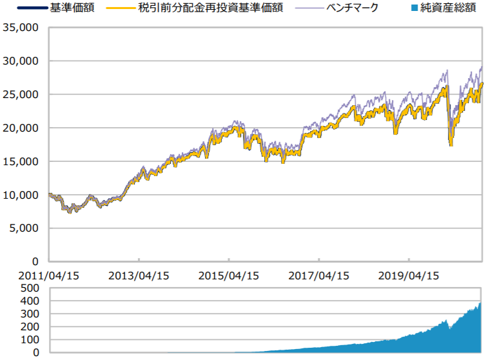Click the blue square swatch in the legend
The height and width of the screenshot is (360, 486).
413,9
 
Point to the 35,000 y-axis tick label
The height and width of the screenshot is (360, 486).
21,28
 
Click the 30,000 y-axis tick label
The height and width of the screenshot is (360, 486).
21,61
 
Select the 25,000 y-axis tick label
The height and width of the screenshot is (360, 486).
21,95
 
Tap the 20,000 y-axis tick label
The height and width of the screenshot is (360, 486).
21,128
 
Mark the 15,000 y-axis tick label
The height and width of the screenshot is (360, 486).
21,161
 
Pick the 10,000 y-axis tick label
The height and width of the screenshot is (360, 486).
21,195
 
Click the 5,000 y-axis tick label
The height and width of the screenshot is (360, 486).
24,228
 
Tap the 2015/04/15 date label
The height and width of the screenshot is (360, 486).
228,275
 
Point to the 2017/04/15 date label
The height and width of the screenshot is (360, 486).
318,275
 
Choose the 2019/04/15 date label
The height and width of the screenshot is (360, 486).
409,275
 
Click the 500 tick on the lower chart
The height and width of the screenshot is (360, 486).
30,288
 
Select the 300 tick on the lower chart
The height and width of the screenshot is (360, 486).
30,314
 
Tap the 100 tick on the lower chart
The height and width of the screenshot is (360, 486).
30,340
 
